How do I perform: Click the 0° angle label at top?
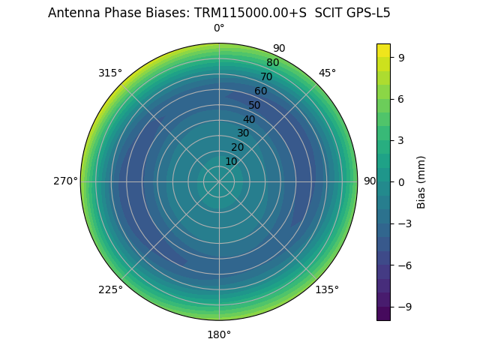pos(219,28)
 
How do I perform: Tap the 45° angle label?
pos(327,73)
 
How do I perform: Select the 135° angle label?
pos(327,289)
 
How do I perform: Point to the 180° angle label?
pos(219,334)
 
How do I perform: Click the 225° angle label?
pos(110,289)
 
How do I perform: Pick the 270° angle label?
pos(66,181)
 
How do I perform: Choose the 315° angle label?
pos(110,73)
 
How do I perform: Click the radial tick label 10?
pos(231,161)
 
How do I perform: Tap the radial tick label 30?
pos(243,133)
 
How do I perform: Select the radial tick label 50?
pos(255,105)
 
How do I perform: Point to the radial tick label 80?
pos(272,63)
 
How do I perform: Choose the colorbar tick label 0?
pos(402,181)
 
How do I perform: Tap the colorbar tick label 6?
pos(402,98)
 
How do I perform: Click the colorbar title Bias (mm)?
pos(421,181)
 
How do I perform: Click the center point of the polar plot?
pos(219,181)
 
